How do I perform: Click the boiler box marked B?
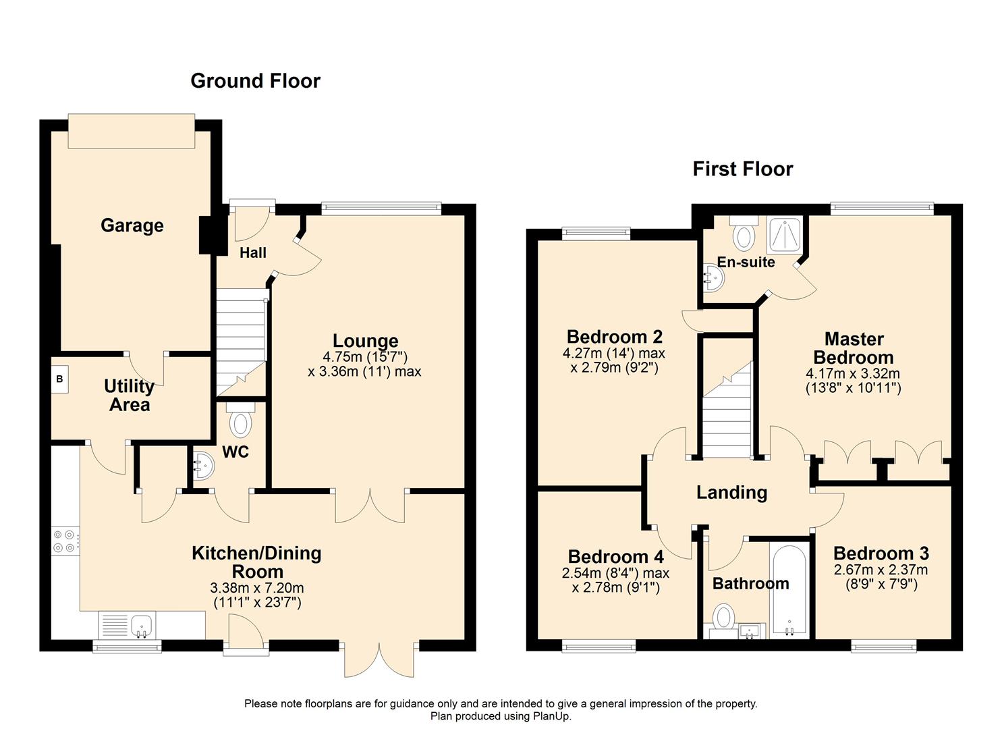[59, 379]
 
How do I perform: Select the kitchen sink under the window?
[141, 625]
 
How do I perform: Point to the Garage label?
[132, 225]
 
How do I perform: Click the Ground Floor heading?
[255, 81]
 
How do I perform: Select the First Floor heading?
[742, 169]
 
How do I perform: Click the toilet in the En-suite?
[744, 234]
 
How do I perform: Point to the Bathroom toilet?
[724, 617]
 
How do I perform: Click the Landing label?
[731, 493]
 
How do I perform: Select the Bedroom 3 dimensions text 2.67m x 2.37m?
[881, 570]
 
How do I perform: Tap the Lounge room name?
[365, 341]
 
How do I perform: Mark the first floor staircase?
[727, 412]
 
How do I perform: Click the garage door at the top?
[132, 131]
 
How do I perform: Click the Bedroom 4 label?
[615, 557]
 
